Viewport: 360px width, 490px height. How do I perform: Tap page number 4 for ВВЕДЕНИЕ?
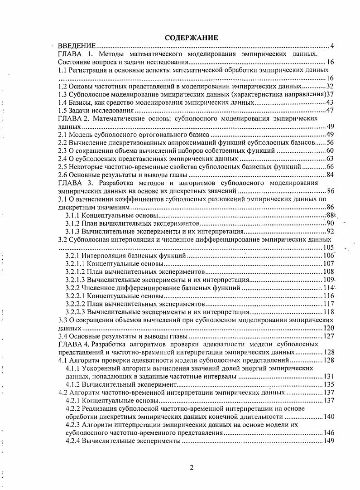click(332, 46)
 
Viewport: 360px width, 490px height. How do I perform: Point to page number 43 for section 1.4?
click(330, 102)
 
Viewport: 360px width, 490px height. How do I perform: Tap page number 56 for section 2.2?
click(330, 143)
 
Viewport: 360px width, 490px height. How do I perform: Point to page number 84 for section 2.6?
click(330, 175)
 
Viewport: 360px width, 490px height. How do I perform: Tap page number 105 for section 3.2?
click(328, 247)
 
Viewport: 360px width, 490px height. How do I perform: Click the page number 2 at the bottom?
click(192, 468)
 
